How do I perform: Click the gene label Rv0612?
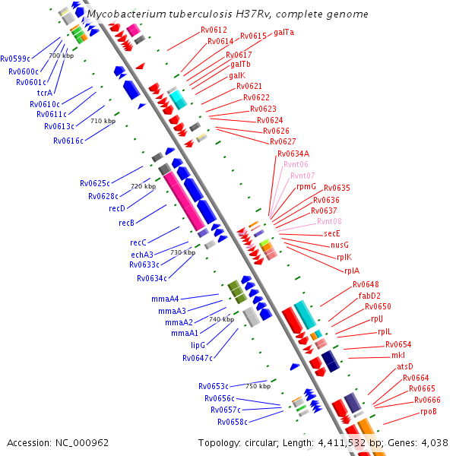pos(214,30)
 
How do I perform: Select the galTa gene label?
pos(283,33)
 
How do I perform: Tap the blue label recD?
pos(116,208)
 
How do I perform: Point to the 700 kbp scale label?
pos(62,55)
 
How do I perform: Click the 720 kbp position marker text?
pos(143,186)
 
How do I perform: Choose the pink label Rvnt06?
pos(296,164)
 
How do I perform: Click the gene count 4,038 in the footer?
pos(434,442)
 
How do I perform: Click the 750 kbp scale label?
pos(258,386)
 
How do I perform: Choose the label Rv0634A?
pos(293,154)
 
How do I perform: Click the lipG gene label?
pos(198,345)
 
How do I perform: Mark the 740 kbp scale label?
pos(221,319)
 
